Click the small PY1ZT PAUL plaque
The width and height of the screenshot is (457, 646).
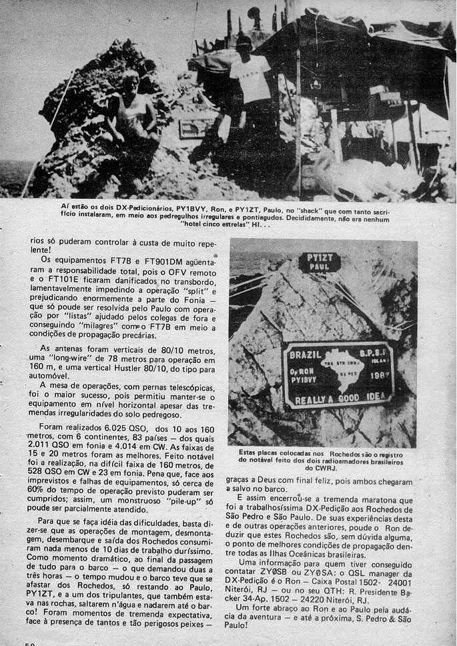(319, 262)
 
